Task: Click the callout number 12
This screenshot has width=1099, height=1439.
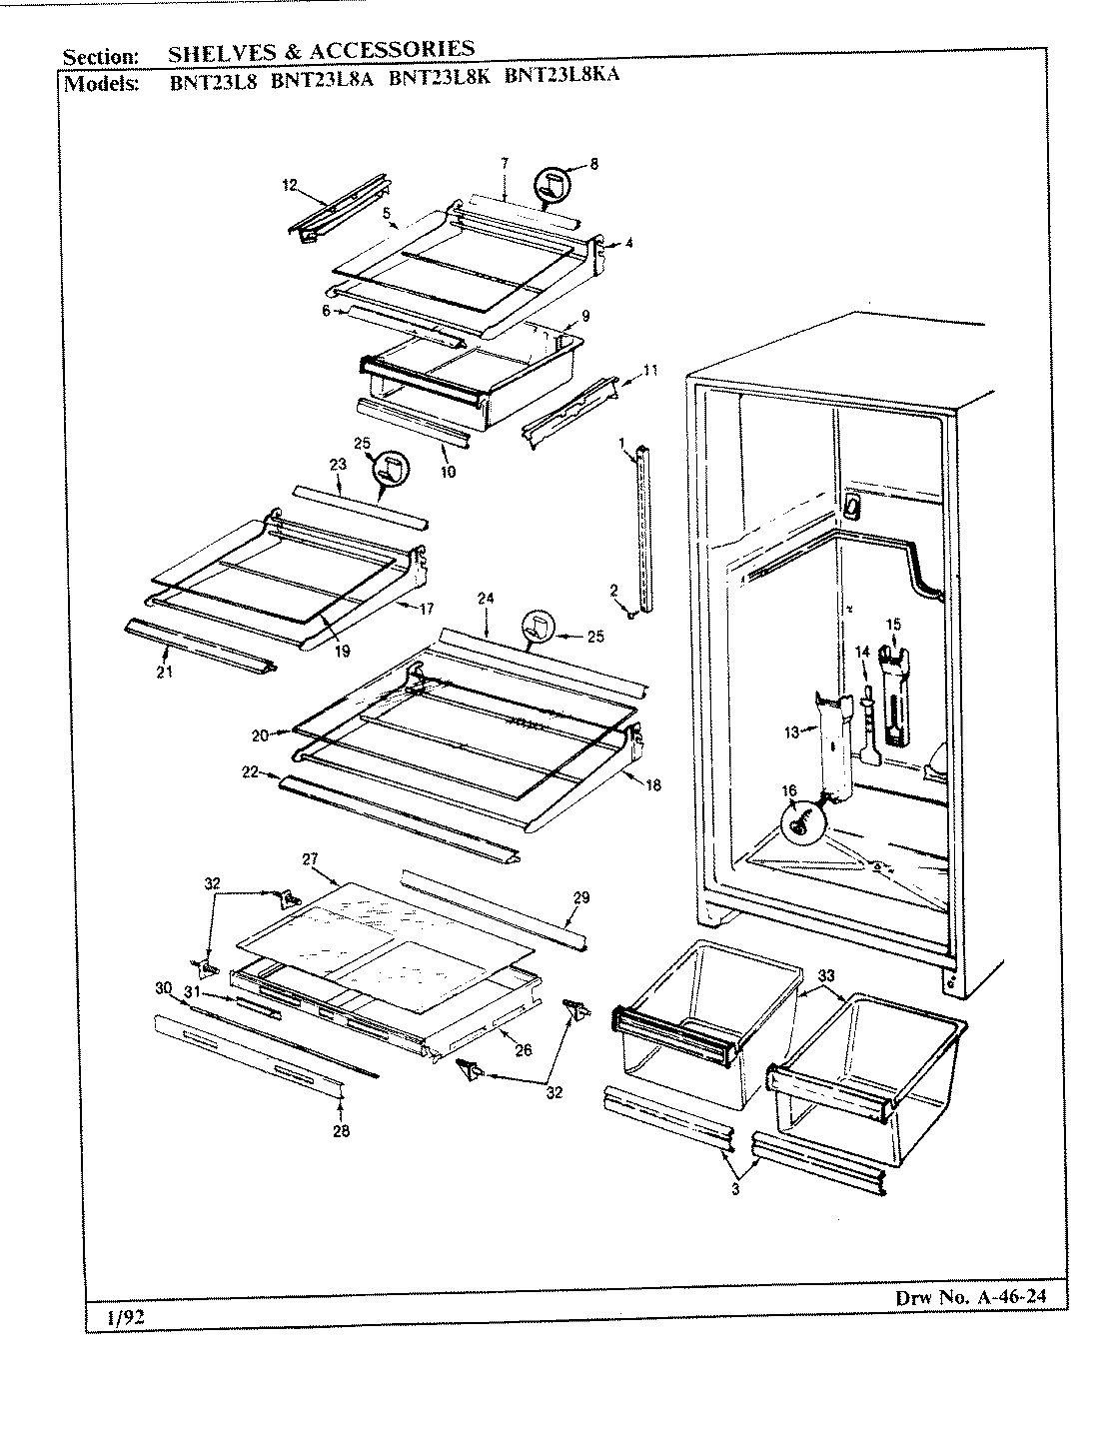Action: click(x=290, y=185)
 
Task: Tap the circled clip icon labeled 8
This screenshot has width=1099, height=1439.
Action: click(x=549, y=184)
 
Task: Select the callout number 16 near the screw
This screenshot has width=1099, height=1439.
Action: click(x=789, y=790)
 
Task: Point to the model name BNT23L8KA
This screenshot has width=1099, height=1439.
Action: click(x=562, y=76)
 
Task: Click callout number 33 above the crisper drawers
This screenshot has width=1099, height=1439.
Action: click(x=825, y=974)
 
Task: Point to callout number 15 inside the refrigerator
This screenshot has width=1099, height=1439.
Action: click(x=893, y=625)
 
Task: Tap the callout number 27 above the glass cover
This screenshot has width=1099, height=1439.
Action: click(x=309, y=859)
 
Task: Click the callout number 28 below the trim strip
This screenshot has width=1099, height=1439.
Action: click(x=343, y=1131)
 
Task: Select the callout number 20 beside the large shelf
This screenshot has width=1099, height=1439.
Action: click(x=260, y=734)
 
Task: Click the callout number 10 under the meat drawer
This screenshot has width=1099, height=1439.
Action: click(x=448, y=472)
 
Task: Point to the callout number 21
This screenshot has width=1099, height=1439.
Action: click(x=164, y=672)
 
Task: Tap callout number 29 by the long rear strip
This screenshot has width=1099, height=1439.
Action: click(x=581, y=897)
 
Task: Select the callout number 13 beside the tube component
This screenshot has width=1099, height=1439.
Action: click(x=791, y=732)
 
